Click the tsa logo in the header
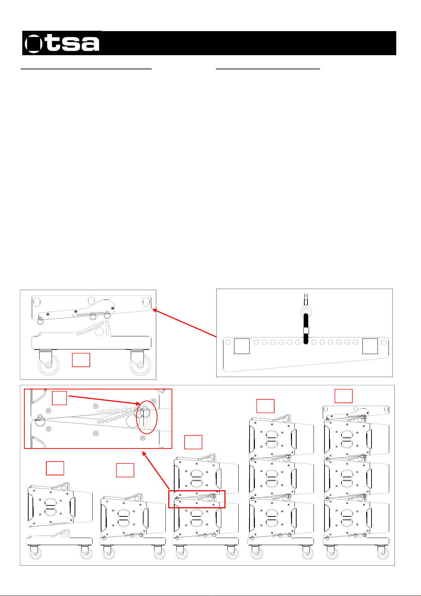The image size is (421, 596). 62,43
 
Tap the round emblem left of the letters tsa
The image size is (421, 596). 34,44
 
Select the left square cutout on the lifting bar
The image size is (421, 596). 242,346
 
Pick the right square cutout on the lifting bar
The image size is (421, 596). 370,346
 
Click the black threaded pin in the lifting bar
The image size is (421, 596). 306,329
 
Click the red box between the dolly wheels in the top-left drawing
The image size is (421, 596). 81,360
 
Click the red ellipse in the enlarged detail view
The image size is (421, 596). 147,417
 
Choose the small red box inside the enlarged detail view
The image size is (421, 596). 59,398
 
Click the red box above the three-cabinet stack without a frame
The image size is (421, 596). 265,406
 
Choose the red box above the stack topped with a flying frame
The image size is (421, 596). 344,396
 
